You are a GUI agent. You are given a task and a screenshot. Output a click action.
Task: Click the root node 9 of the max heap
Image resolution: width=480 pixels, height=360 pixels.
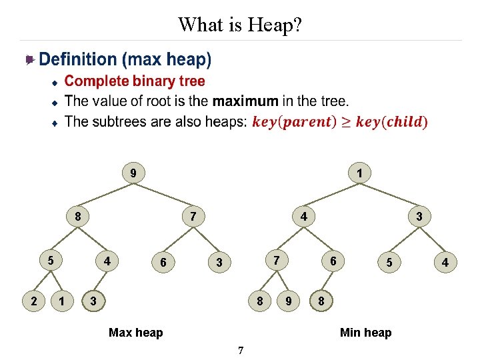pyautogui.click(x=133, y=174)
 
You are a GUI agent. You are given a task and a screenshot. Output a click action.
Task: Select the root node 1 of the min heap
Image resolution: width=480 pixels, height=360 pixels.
pyautogui.click(x=359, y=174)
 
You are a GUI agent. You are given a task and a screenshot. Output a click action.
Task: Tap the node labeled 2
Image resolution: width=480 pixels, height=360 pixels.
pyautogui.click(x=34, y=301)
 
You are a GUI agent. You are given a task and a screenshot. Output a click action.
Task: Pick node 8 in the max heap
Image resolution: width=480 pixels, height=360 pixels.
pyautogui.click(x=78, y=216)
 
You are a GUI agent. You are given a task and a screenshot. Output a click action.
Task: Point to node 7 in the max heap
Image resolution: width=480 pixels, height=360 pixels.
pyautogui.click(x=193, y=216)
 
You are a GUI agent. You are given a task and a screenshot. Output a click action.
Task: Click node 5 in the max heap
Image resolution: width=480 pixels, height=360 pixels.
pyautogui.click(x=50, y=259)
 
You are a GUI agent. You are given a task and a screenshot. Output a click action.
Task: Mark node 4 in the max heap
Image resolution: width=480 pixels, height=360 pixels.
pyautogui.click(x=106, y=259)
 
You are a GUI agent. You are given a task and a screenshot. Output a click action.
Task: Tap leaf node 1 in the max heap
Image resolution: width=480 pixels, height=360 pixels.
pyautogui.click(x=62, y=301)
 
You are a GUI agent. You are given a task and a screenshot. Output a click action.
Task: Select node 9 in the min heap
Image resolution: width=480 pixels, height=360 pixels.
pyautogui.click(x=288, y=301)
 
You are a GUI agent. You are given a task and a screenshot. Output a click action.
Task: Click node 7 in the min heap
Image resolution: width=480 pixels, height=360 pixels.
pyautogui.click(x=276, y=259)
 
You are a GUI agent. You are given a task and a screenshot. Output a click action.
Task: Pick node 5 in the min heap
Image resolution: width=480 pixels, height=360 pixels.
pyautogui.click(x=390, y=263)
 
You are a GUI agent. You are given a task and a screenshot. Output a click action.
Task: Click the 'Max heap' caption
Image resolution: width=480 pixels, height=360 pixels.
pyautogui.click(x=135, y=332)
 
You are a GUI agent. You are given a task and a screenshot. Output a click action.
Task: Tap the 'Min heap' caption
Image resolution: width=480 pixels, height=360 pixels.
pyautogui.click(x=365, y=332)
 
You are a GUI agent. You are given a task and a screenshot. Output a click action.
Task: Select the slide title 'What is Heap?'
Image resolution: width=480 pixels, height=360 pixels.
pyautogui.click(x=240, y=25)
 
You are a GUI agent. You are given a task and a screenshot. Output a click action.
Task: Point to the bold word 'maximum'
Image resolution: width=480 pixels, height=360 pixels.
pyautogui.click(x=245, y=101)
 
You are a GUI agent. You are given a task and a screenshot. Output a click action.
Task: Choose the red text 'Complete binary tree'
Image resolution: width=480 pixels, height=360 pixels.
pyautogui.click(x=135, y=81)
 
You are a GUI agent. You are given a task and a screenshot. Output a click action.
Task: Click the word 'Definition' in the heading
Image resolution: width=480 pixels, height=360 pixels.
pyautogui.click(x=77, y=59)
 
